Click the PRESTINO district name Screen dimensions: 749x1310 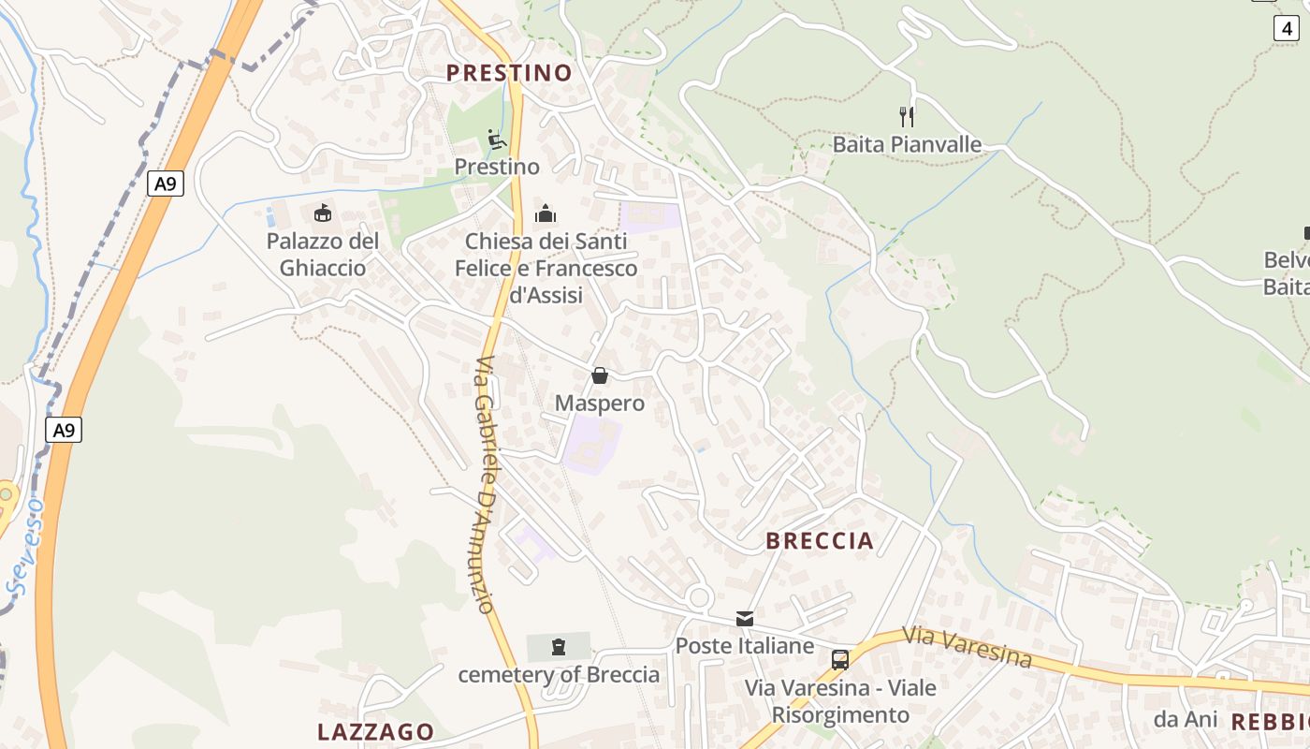click(x=508, y=73)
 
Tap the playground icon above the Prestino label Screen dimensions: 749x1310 click(x=497, y=140)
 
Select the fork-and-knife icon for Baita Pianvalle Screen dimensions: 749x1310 click(x=906, y=117)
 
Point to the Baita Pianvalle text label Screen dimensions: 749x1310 click(x=907, y=144)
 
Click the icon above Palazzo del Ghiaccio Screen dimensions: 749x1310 click(x=323, y=213)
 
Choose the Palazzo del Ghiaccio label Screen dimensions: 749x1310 click(x=323, y=255)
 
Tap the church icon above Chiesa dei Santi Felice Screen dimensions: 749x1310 click(x=546, y=214)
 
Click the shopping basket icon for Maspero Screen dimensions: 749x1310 click(x=600, y=375)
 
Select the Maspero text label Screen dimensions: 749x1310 click(x=600, y=404)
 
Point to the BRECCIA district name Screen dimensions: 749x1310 click(x=820, y=541)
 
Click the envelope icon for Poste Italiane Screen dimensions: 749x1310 click(x=745, y=618)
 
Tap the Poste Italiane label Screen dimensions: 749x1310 click(x=745, y=646)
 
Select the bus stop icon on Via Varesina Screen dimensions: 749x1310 click(x=840, y=659)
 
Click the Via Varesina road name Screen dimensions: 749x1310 click(x=968, y=647)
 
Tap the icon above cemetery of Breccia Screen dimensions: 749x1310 click(x=559, y=646)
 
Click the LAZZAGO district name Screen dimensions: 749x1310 click(x=375, y=732)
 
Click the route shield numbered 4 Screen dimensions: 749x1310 click(x=1288, y=28)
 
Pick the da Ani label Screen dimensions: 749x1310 click(x=1186, y=719)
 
